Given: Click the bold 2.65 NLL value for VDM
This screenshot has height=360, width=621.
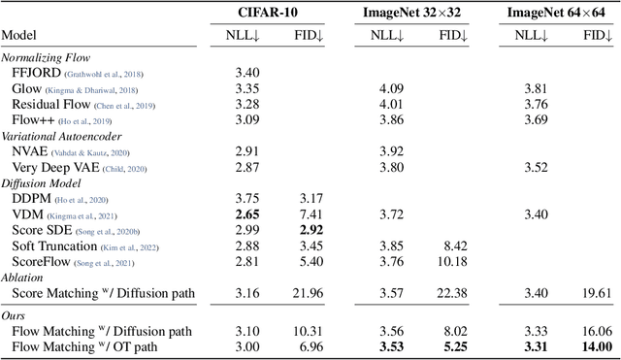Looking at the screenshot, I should (246, 213).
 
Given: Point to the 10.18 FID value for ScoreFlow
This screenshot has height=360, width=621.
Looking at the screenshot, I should (453, 261).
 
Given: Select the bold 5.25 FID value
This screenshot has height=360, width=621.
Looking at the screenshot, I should (454, 346).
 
